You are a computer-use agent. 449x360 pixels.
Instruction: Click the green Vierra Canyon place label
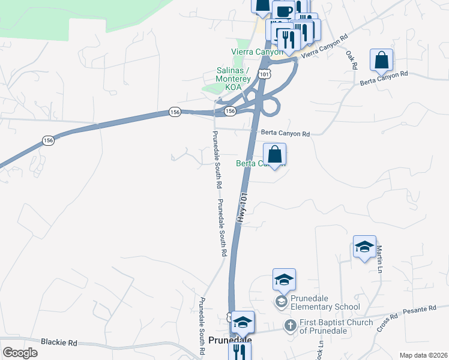click(x=252, y=52)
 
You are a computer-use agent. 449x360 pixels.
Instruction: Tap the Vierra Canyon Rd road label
click(x=325, y=46)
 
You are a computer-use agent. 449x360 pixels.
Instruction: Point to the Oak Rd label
click(x=352, y=58)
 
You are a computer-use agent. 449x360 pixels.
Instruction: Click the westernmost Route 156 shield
click(x=49, y=140)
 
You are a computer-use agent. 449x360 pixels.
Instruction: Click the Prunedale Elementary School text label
click(x=325, y=302)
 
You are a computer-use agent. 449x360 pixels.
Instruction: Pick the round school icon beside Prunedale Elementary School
click(x=281, y=301)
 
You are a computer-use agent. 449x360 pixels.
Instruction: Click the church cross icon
click(x=289, y=325)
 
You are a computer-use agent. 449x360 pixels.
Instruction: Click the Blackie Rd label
click(x=59, y=342)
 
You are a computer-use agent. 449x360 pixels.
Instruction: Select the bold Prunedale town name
click(x=231, y=340)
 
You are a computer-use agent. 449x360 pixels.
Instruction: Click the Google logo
click(x=20, y=352)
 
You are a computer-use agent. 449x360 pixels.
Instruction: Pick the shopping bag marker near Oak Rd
click(x=381, y=60)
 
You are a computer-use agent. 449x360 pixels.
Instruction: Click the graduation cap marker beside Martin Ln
click(x=364, y=247)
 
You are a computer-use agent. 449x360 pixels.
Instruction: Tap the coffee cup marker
click(x=283, y=11)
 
